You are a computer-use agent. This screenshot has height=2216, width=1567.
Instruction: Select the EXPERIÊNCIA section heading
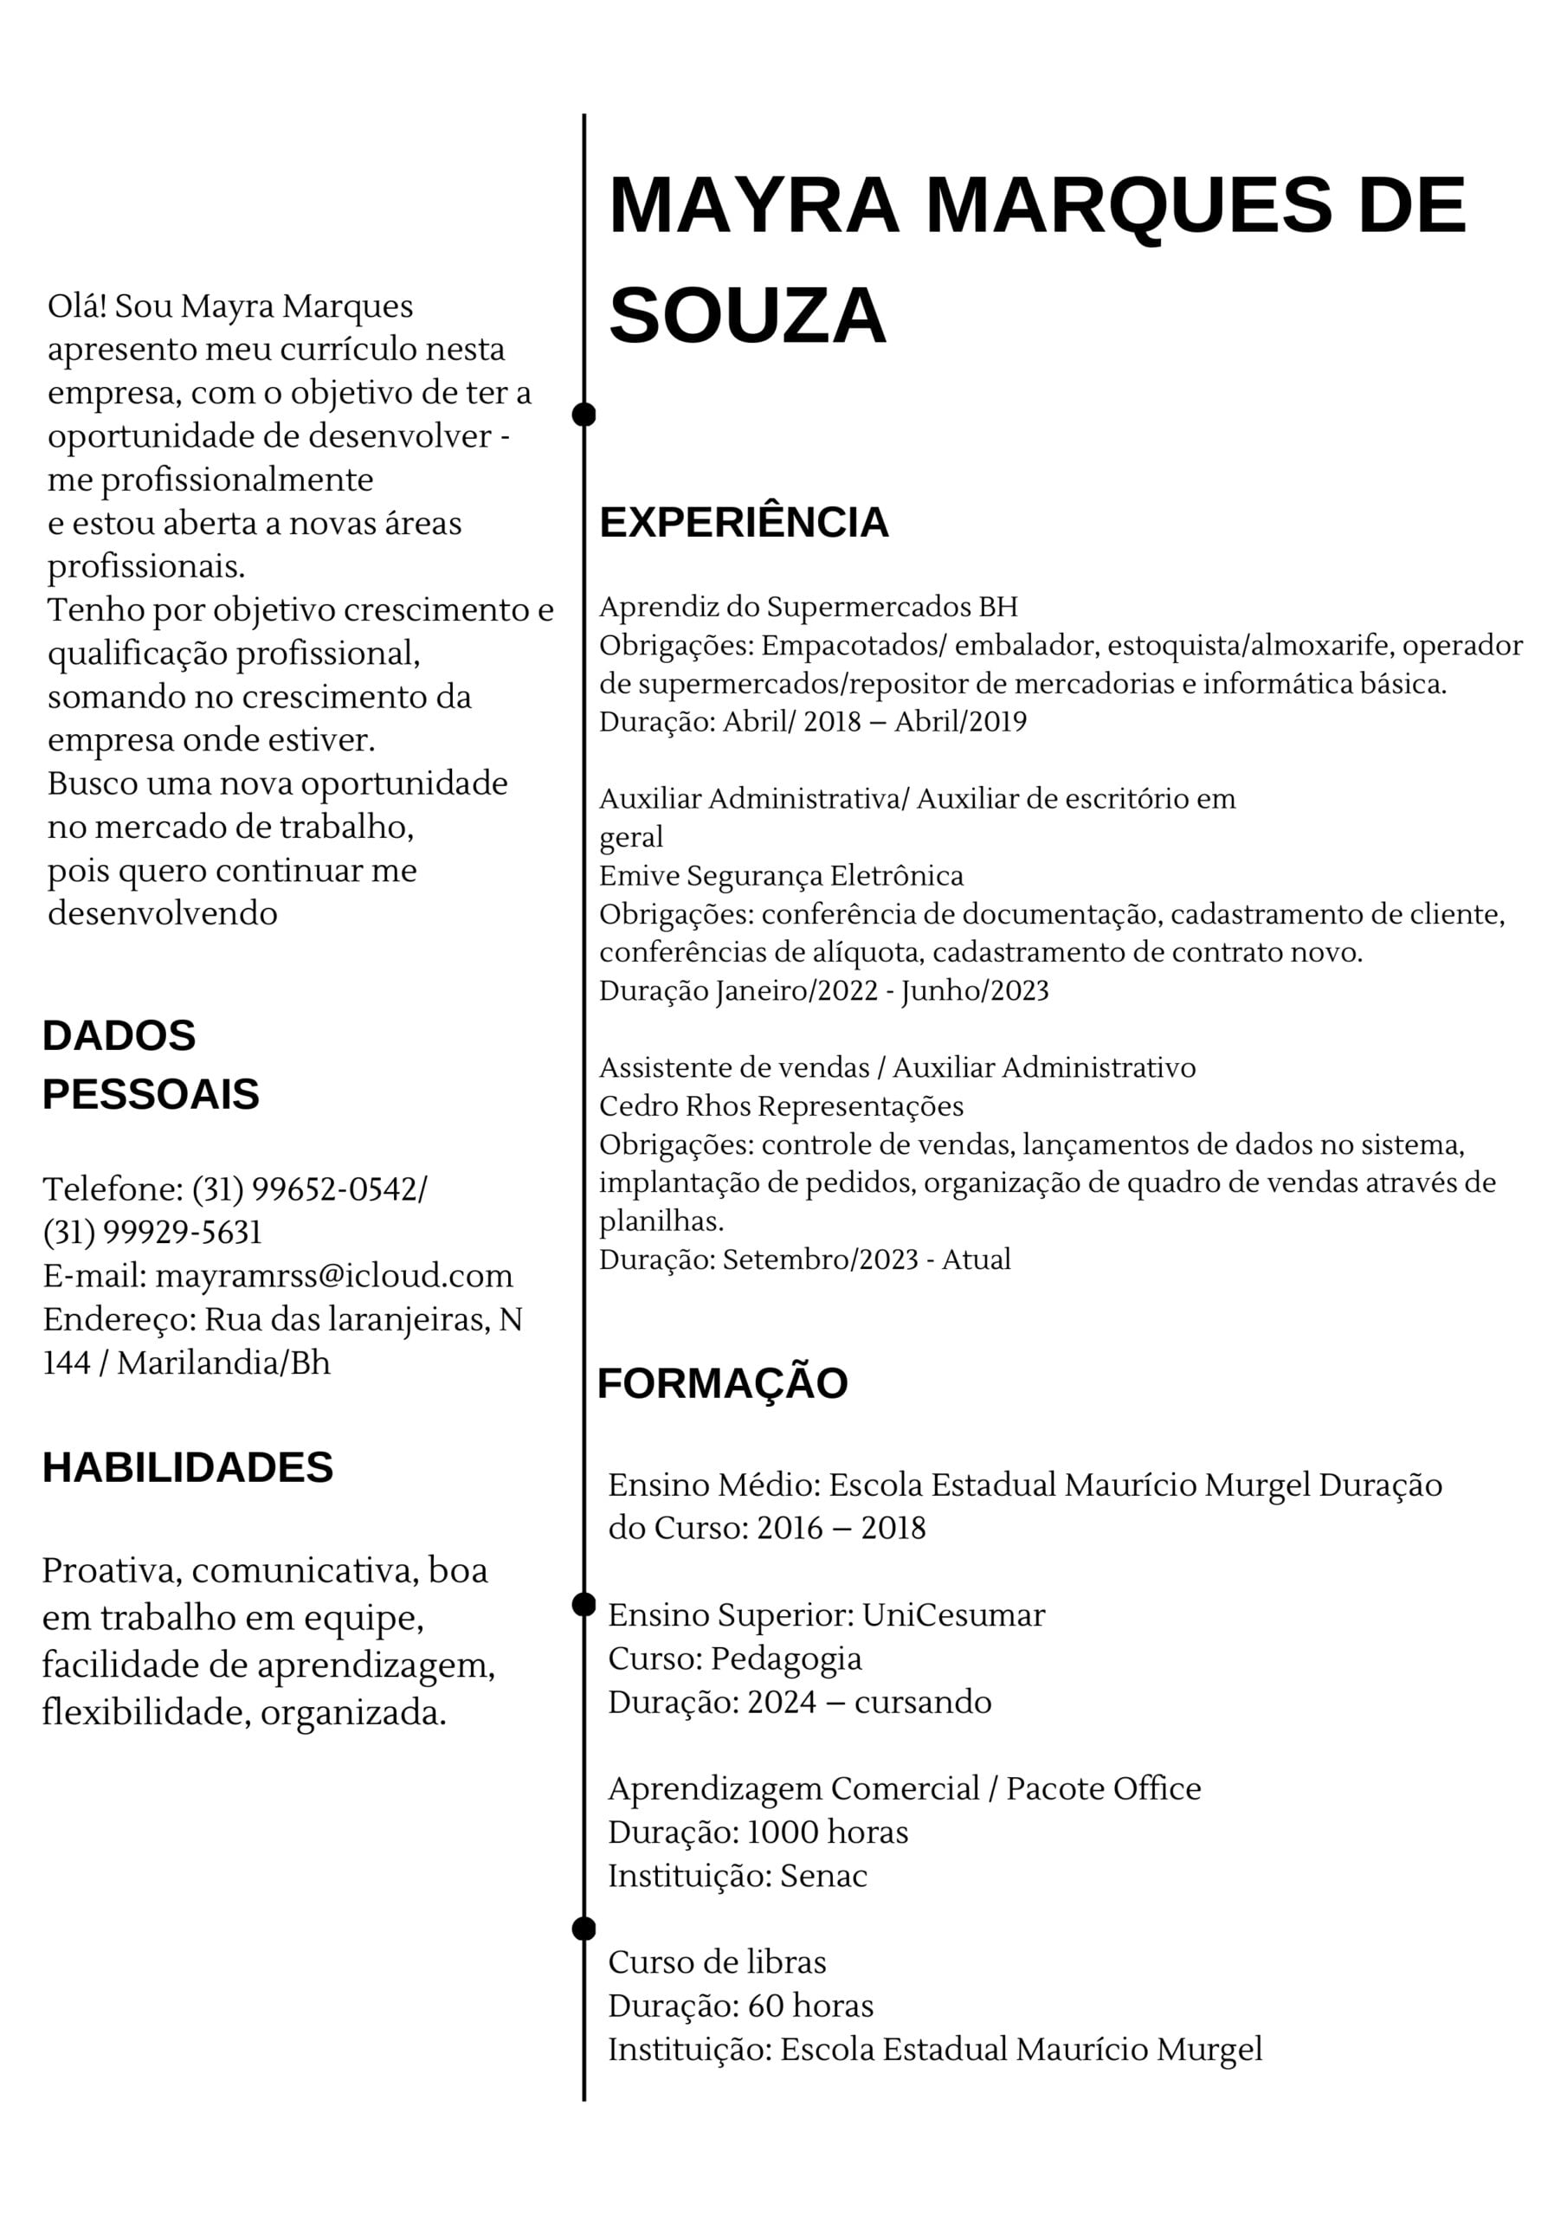744,522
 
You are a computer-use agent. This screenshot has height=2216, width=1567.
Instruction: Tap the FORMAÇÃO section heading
722,1383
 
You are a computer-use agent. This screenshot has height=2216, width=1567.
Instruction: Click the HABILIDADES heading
187,1468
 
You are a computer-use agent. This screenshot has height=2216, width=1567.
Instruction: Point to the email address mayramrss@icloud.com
334,1276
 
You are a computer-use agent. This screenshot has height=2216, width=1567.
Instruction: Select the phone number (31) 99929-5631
152,1233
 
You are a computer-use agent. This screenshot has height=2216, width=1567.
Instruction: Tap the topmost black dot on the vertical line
584,415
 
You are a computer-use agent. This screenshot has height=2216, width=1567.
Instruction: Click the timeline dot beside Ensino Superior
584,1605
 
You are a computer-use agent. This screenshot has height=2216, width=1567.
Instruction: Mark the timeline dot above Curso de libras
584,1929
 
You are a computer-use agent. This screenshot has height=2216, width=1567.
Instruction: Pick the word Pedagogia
786,1659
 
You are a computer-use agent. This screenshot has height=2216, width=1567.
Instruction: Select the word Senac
823,1877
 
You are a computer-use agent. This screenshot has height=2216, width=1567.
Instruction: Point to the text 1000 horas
828,1833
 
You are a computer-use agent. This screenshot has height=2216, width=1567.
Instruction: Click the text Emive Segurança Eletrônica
781,876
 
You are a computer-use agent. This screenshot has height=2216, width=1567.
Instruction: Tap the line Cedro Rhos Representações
781,1106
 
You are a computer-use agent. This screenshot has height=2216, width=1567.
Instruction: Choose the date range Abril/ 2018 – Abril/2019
874,722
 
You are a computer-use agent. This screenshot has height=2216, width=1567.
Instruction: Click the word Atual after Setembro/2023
976,1259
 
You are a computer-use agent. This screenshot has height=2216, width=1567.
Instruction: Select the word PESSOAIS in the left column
151,1094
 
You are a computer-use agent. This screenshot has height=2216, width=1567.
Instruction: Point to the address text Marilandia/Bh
223,1362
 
